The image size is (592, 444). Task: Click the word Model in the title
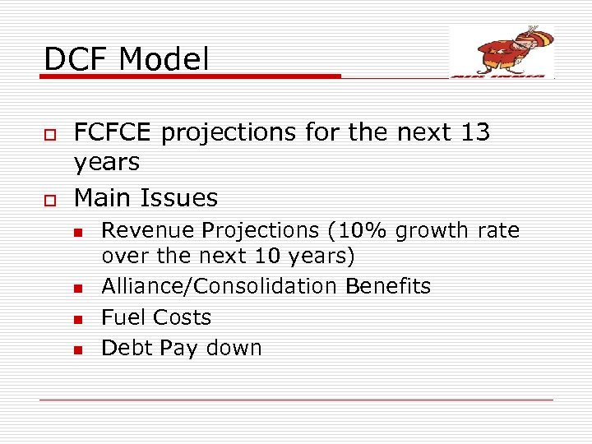(x=164, y=58)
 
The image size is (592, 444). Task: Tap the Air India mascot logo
(x=502, y=51)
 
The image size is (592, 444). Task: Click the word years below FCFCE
(x=107, y=163)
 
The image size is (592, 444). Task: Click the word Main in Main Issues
(x=103, y=197)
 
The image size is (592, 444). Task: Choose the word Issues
(x=179, y=197)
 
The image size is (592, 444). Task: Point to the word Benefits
(x=387, y=286)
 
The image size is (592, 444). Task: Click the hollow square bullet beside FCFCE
(x=49, y=133)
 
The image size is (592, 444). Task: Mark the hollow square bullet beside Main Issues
(x=49, y=198)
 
